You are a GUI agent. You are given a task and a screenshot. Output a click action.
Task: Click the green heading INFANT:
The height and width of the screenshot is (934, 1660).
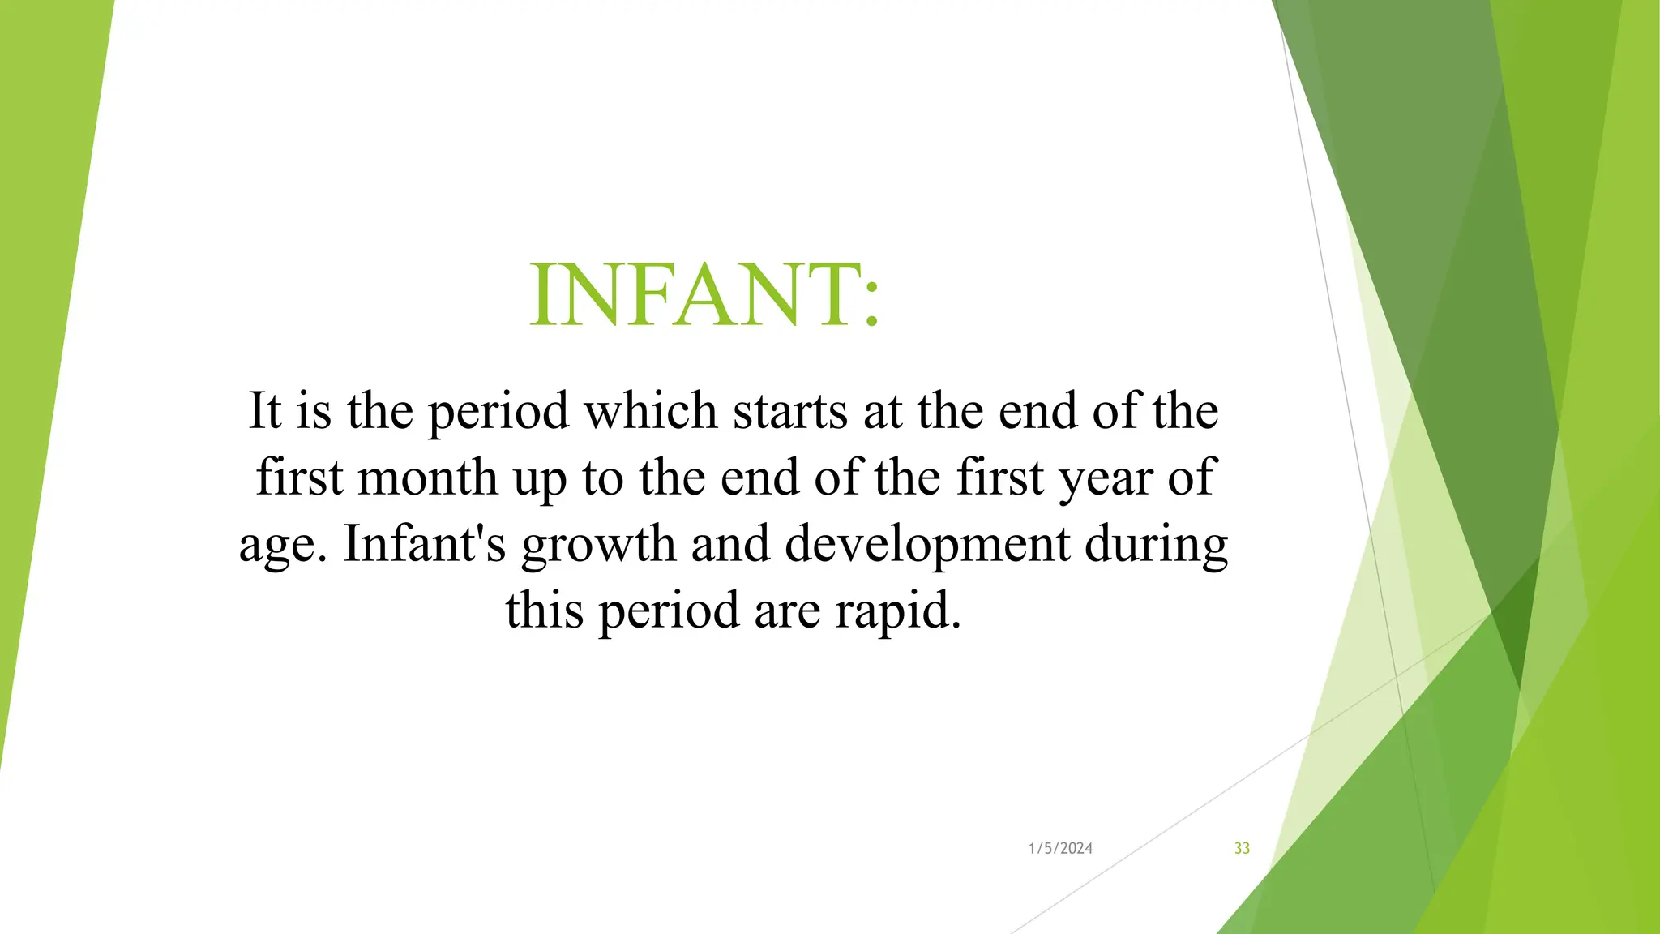(x=704, y=295)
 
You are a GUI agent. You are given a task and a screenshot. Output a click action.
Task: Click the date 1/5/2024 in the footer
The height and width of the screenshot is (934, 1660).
(x=1060, y=848)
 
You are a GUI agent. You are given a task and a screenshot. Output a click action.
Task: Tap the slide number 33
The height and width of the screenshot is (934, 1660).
(x=1242, y=848)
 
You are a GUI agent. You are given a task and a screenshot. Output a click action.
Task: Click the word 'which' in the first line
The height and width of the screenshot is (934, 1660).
(x=651, y=410)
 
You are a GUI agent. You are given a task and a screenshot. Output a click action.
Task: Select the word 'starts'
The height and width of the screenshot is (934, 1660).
(x=790, y=410)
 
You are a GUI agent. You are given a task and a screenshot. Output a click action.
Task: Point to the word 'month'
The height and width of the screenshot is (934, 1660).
(x=427, y=477)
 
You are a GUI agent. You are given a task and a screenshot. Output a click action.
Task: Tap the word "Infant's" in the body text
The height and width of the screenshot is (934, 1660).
(x=425, y=543)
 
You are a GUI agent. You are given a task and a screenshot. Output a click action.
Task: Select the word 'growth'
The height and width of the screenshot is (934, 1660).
(x=598, y=545)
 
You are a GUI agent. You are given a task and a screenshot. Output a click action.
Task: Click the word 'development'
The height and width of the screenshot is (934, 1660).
(x=926, y=545)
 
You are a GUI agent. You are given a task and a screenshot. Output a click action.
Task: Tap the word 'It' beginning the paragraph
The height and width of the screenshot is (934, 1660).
(x=264, y=410)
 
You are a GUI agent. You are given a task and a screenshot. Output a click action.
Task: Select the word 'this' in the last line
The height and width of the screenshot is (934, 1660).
(x=544, y=610)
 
